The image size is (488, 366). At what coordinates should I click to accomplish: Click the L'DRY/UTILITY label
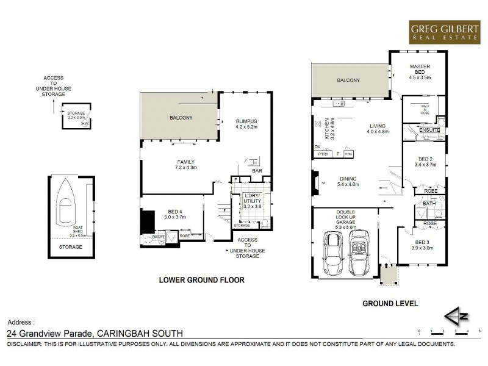[x=252, y=199]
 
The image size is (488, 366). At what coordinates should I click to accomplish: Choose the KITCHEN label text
[x=327, y=129]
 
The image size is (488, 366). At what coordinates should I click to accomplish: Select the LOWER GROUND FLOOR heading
[x=201, y=281]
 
